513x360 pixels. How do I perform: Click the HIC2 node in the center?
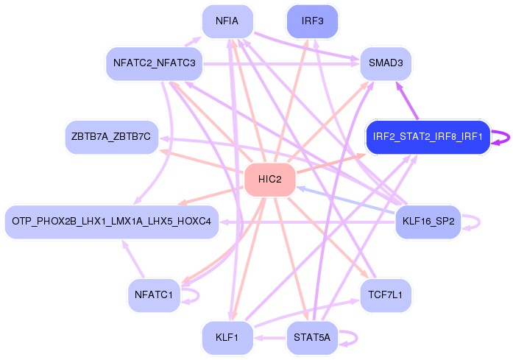pyautogui.click(x=269, y=180)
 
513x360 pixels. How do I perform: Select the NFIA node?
pyautogui.click(x=227, y=21)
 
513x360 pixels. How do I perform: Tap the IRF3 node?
pyautogui.click(x=312, y=21)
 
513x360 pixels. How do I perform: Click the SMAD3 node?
pyautogui.click(x=385, y=64)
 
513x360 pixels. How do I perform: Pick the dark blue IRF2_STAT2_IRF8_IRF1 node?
pyautogui.click(x=427, y=137)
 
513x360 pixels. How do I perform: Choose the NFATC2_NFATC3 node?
pyautogui.click(x=154, y=63)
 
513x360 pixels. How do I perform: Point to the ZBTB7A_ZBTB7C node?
pyautogui.click(x=112, y=137)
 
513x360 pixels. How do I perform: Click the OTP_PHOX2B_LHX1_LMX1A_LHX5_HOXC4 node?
pyautogui.click(x=112, y=221)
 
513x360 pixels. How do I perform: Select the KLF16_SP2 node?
pyautogui.click(x=428, y=221)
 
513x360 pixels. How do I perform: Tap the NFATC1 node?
pyautogui.click(x=154, y=295)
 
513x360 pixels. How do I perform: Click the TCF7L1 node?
pyautogui.click(x=385, y=295)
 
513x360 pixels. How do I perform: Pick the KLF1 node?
pyautogui.click(x=227, y=338)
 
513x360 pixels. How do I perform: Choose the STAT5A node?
pyautogui.click(x=312, y=338)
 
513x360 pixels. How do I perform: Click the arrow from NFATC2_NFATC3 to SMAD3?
pyautogui.click(x=280, y=64)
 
